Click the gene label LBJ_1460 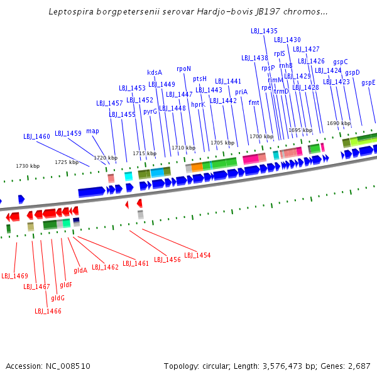(36, 136)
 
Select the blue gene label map (92, 131)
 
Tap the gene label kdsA (155, 72)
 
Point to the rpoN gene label (183, 69)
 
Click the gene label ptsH (200, 79)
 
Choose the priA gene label (241, 92)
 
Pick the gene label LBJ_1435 (264, 31)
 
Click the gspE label (368, 83)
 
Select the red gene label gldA (80, 270)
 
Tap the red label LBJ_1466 (48, 311)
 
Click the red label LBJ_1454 (197, 255)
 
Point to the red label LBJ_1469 (14, 276)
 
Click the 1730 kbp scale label (28, 166)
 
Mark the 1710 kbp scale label (183, 148)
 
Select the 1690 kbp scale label (339, 123)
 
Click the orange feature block (197, 167)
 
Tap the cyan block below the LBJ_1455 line (129, 176)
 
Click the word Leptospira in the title (71, 11)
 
